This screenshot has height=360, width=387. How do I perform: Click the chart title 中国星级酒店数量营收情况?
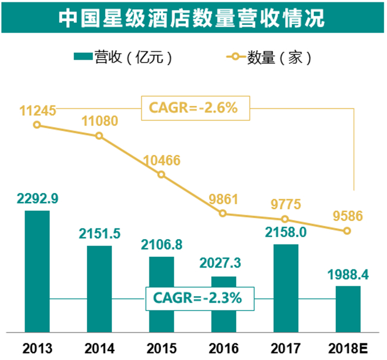click(x=192, y=18)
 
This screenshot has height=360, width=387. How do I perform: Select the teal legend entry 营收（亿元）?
click(x=123, y=57)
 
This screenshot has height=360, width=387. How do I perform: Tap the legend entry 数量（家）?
click(x=269, y=57)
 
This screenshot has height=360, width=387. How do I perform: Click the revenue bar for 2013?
click(x=38, y=271)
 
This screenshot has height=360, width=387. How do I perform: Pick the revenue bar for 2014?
click(x=99, y=289)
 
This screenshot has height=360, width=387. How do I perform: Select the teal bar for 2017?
click(x=286, y=288)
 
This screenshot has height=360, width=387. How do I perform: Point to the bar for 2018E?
click(x=348, y=309)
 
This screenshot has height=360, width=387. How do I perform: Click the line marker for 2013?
click(x=37, y=125)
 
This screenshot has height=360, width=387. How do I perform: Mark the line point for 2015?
click(x=161, y=175)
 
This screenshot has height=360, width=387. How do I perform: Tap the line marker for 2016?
click(x=223, y=213)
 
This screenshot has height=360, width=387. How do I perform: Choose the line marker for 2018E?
click(x=347, y=231)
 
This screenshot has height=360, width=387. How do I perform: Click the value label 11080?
click(x=99, y=121)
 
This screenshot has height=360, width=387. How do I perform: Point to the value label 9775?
click(x=286, y=204)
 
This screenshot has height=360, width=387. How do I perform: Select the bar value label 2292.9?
click(x=38, y=198)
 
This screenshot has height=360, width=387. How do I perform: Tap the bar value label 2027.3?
click(x=220, y=263)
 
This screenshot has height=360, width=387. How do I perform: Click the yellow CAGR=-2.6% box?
click(x=195, y=108)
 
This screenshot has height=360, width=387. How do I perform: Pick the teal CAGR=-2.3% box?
click(x=199, y=299)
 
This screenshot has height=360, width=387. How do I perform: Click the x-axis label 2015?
click(x=162, y=349)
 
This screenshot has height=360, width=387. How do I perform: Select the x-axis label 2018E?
click(x=348, y=349)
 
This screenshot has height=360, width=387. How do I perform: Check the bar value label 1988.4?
click(x=348, y=275)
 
